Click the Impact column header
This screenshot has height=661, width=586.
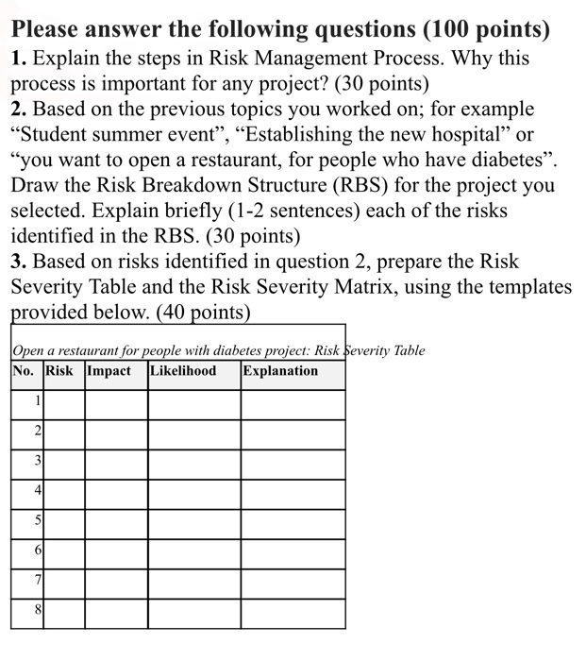coord(109,371)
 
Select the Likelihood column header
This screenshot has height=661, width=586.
coord(184,371)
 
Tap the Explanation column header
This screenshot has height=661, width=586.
coord(280,371)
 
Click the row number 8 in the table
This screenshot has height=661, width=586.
coord(38,610)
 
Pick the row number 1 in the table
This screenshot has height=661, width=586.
coord(38,400)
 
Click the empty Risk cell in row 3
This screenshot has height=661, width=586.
coord(63,461)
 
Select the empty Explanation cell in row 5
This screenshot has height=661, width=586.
coord(292,520)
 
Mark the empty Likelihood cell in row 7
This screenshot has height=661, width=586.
coord(193,580)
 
